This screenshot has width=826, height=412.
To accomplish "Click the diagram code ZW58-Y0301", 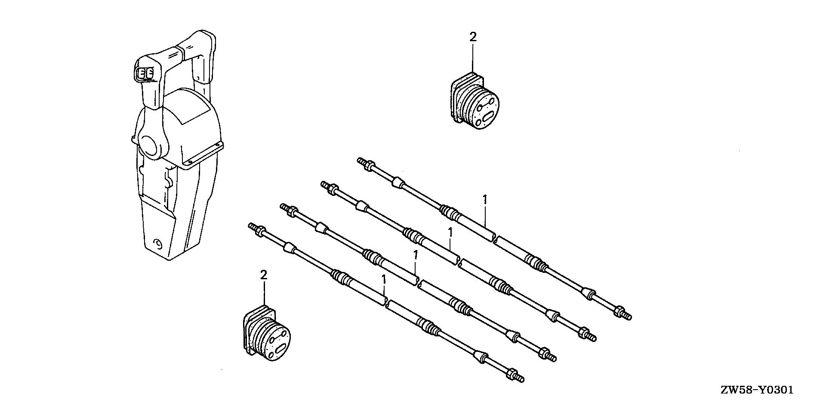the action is click(x=757, y=391).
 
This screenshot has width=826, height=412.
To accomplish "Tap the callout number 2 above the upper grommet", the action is click(x=473, y=37).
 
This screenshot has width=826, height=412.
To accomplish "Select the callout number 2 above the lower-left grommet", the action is click(x=264, y=275).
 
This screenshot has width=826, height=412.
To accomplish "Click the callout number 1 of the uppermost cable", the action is click(x=485, y=200).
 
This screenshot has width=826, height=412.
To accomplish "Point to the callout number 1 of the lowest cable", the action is click(x=384, y=280).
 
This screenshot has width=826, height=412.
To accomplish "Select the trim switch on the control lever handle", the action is click(x=145, y=74).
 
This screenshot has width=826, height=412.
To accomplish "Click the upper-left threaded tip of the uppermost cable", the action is click(x=361, y=161).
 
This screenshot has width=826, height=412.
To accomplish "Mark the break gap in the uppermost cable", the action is click(x=494, y=238).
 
